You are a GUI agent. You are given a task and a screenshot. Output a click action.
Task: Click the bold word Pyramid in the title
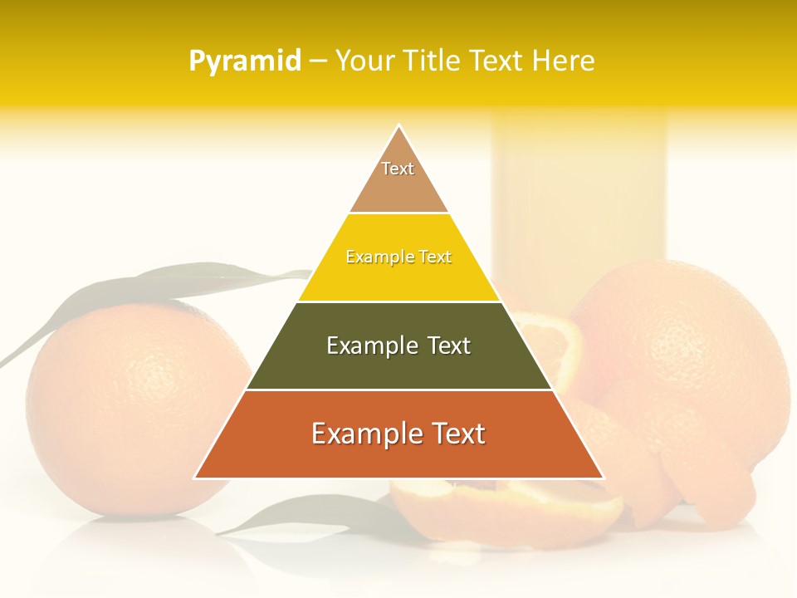[x=244, y=61]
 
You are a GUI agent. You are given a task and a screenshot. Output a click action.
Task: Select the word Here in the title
[x=563, y=61]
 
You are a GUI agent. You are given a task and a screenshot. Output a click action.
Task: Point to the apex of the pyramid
[x=398, y=126]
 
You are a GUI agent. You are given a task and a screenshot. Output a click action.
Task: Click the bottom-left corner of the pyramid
[x=196, y=478]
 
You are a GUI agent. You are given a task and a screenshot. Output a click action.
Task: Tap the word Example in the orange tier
[x=361, y=434]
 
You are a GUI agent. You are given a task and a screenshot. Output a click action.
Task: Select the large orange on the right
[x=689, y=365]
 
